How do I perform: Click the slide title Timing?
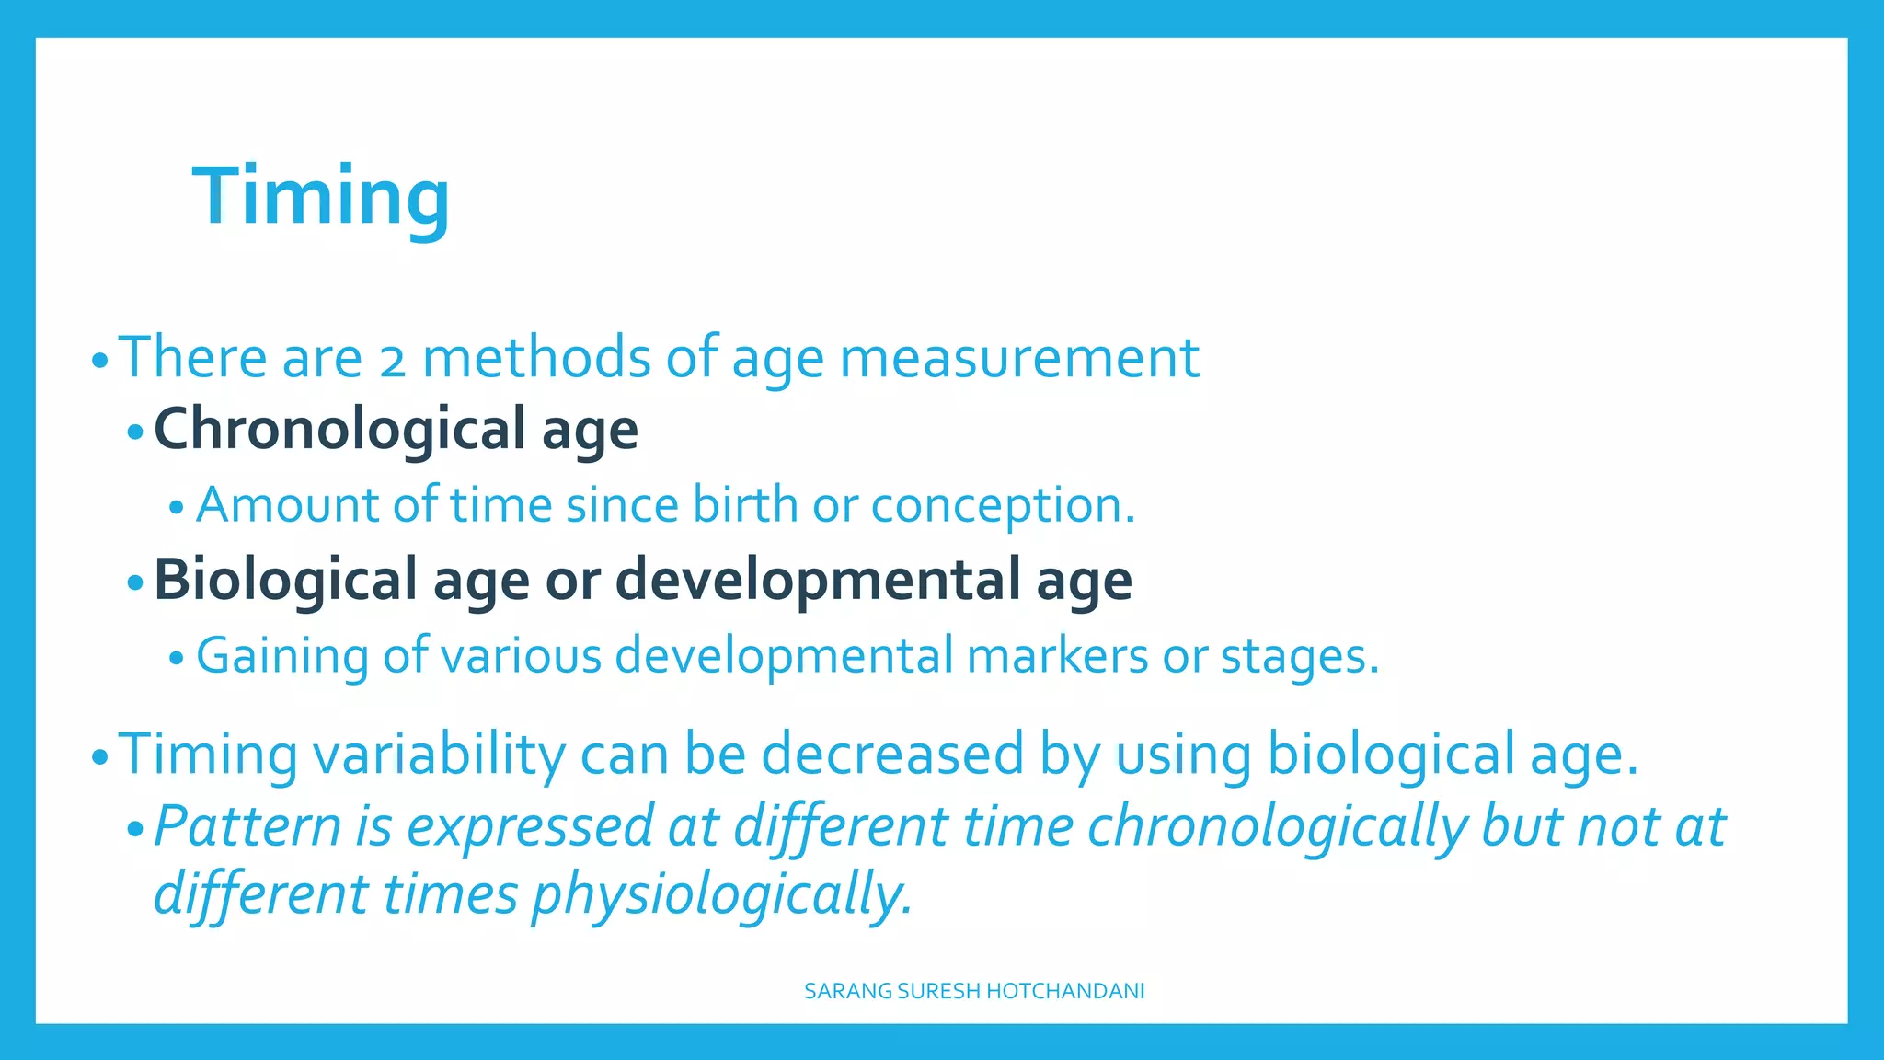pos(321,195)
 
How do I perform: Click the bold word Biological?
pos(285,580)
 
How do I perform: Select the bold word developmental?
pos(818,580)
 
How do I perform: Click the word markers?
pos(1057,656)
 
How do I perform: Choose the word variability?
pos(439,755)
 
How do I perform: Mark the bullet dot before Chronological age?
pos(135,432)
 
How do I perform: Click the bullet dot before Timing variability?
pos(100,758)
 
